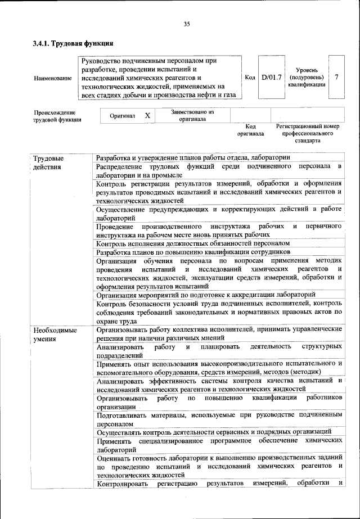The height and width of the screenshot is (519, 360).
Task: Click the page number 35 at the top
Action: coord(186,24)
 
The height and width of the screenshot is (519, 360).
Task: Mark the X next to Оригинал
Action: coord(147,115)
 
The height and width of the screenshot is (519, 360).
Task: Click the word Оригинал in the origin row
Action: coord(121,115)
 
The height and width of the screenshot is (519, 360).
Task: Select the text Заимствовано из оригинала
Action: coord(192,115)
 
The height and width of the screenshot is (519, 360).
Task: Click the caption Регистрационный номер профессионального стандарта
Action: coord(307,134)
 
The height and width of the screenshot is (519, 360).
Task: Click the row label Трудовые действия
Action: coord(48,163)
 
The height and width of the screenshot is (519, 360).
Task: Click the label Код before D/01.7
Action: coord(250,77)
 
